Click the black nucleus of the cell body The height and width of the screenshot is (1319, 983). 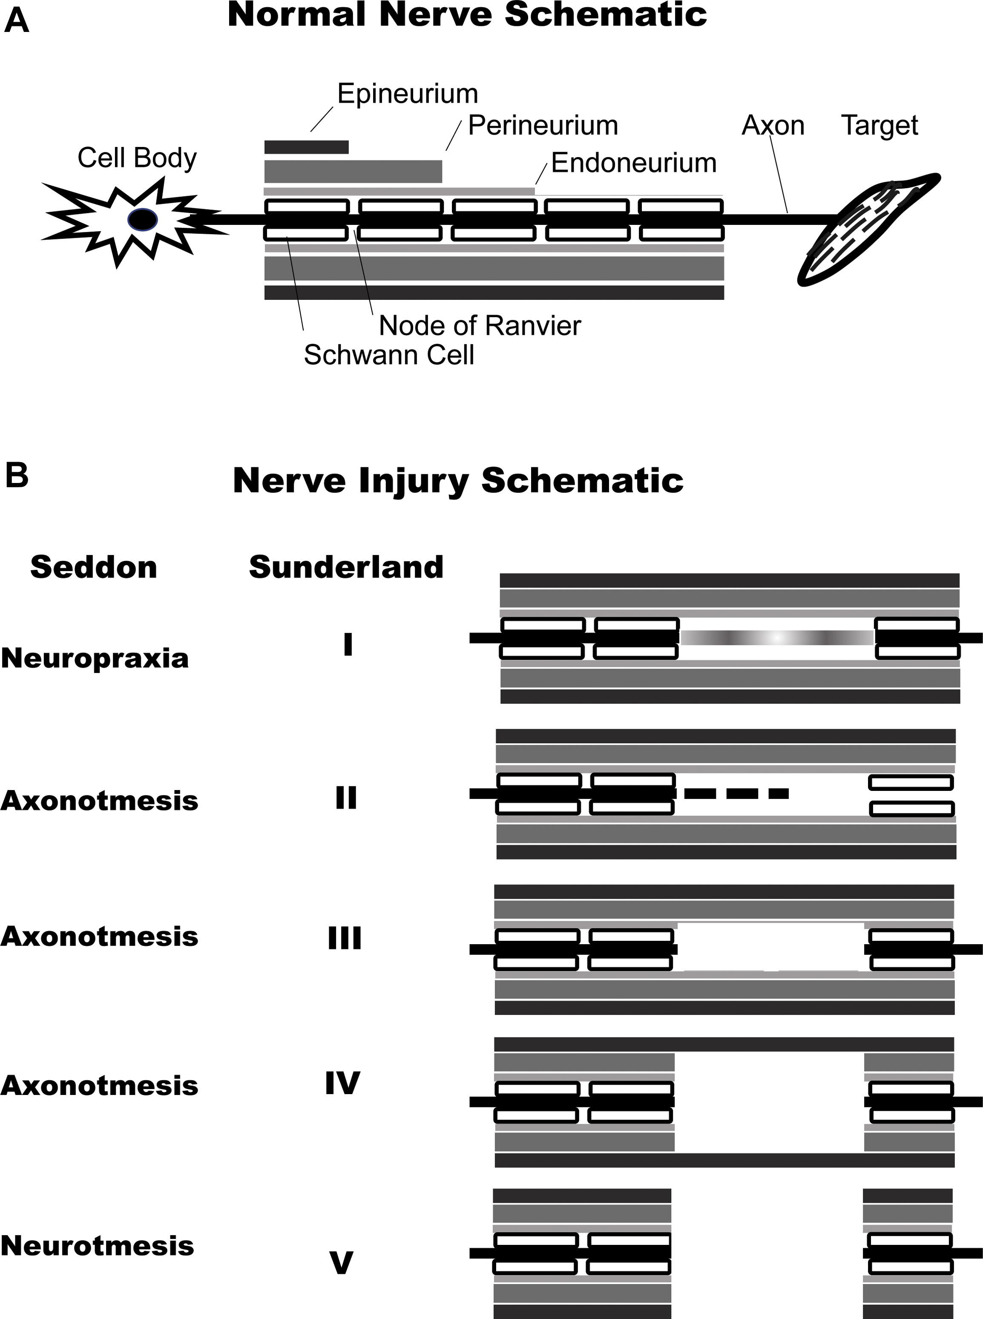point(143,219)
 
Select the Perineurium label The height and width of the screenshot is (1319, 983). point(543,126)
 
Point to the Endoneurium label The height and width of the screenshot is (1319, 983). point(634,163)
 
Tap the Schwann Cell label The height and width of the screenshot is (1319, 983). point(388,355)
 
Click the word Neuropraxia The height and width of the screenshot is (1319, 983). point(95,658)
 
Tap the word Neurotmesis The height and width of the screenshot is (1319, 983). point(97,1245)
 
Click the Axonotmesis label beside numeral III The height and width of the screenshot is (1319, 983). point(99,937)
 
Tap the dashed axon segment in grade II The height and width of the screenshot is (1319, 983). point(736,793)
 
